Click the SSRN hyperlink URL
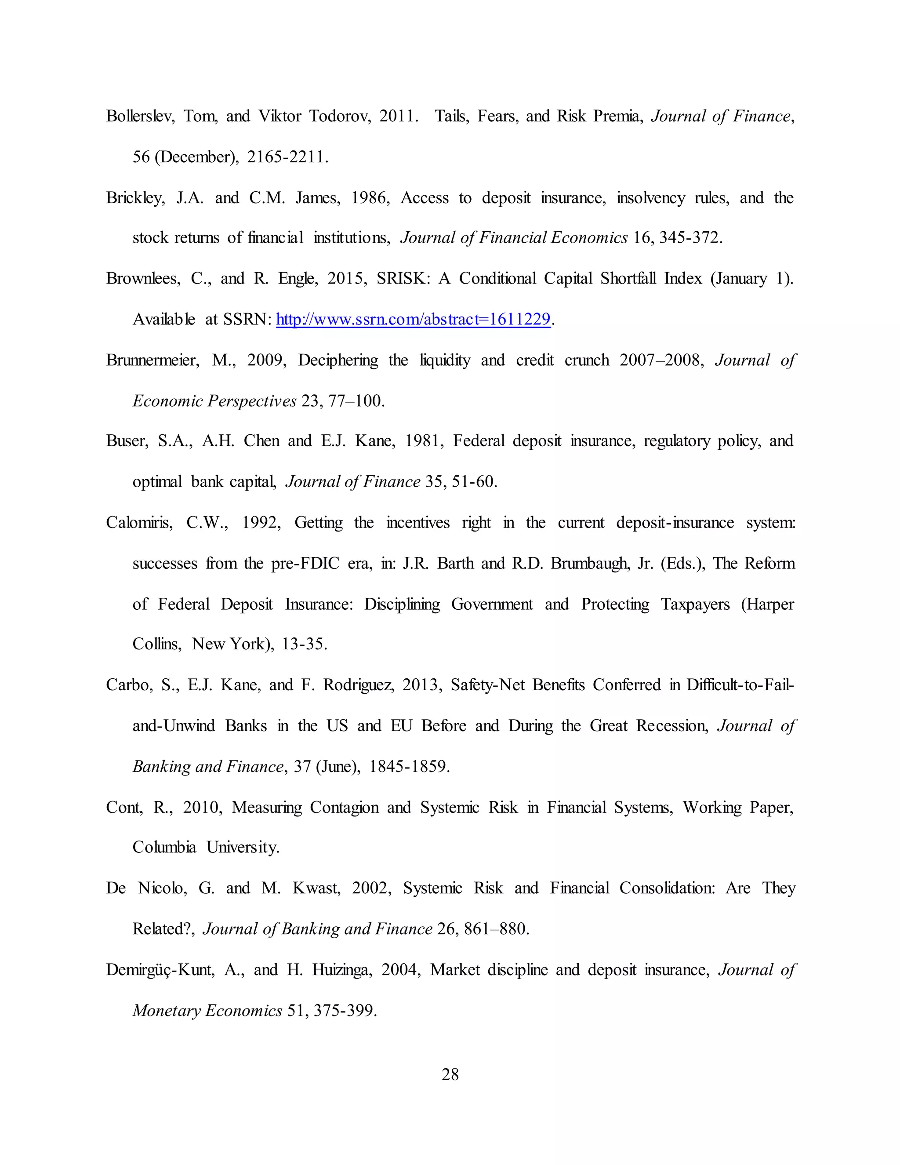click(413, 320)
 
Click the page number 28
click(450, 1074)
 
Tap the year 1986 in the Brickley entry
click(370, 198)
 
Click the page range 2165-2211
click(287, 157)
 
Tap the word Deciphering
click(338, 360)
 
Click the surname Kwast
click(316, 888)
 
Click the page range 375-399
click(345, 1011)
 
